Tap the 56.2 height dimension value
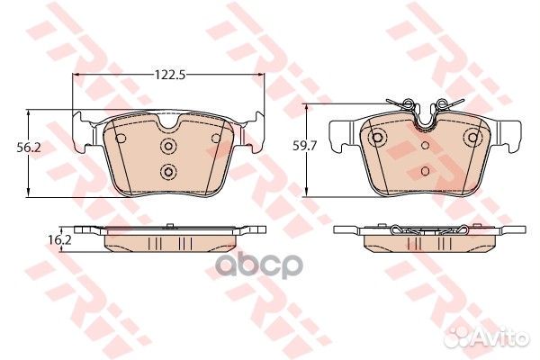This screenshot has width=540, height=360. click(29, 148)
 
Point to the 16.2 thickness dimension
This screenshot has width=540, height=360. click(60, 239)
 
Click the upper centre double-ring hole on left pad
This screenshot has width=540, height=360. click(168, 147)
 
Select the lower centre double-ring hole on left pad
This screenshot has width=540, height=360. click(168, 171)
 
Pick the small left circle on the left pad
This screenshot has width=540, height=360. click(121, 139)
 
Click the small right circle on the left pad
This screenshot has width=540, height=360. click(216, 139)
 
